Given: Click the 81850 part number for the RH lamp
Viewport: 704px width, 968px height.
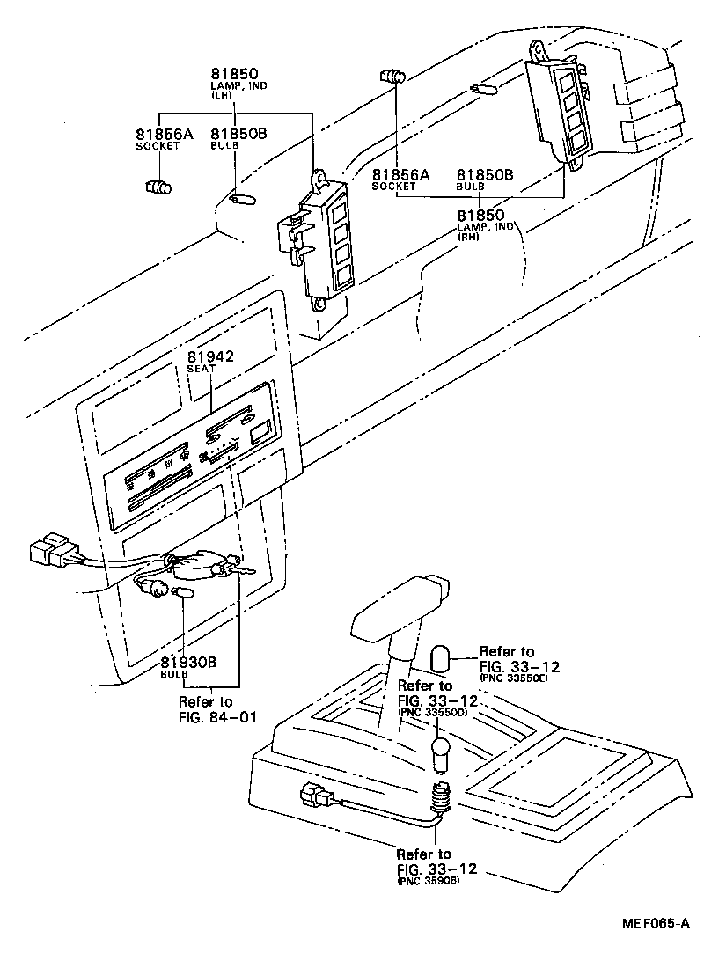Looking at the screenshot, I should coord(480,216).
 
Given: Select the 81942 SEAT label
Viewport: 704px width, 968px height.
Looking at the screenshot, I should coord(209,356).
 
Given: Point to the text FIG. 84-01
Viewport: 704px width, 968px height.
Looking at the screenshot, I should coord(217,716).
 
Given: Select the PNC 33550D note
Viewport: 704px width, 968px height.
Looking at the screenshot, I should coord(434,712).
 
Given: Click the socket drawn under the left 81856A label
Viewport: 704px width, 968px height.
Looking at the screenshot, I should coord(157,186).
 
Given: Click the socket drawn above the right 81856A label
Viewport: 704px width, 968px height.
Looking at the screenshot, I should coord(393,77).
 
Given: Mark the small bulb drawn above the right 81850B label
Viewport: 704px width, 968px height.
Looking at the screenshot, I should coord(483,89).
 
